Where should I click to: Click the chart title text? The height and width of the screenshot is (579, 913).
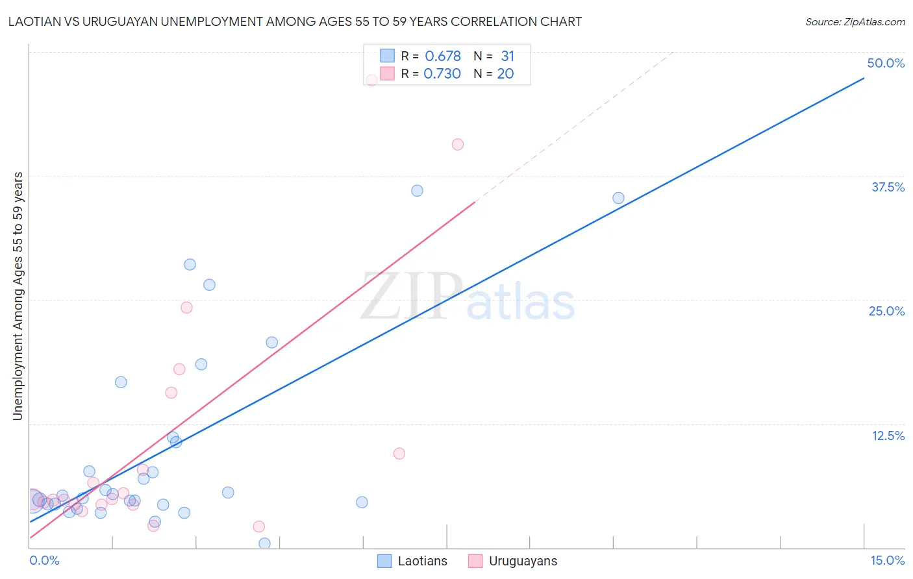(x=295, y=21)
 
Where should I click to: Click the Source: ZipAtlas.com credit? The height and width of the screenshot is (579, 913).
(x=855, y=21)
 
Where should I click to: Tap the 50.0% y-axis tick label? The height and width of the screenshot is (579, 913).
(x=886, y=63)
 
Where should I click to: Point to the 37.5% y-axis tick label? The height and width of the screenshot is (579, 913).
(x=888, y=187)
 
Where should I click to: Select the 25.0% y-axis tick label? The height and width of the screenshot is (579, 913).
(x=886, y=311)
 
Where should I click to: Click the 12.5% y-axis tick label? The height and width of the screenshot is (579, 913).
(x=888, y=436)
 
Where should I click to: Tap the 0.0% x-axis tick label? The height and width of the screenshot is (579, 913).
(x=44, y=560)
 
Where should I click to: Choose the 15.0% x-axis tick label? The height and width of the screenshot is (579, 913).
(x=887, y=560)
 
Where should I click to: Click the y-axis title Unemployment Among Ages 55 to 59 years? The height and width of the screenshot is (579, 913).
(x=18, y=296)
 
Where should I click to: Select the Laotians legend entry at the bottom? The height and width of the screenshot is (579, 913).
(x=412, y=561)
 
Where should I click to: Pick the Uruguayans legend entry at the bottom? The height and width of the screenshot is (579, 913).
(x=512, y=561)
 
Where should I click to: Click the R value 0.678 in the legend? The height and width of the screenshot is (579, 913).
(x=443, y=56)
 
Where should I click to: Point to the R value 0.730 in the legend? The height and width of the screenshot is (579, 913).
(x=442, y=74)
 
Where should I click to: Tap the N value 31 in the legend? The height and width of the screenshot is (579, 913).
(x=507, y=56)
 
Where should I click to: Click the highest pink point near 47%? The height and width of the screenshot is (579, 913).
(x=371, y=80)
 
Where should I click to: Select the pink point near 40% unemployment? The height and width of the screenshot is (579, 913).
(x=458, y=145)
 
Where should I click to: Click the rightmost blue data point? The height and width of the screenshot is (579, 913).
(x=618, y=198)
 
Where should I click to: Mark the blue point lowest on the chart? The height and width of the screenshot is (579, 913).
(x=264, y=543)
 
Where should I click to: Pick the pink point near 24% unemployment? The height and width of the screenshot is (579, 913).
(x=186, y=308)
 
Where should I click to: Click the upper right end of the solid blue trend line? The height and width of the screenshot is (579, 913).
(x=864, y=79)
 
